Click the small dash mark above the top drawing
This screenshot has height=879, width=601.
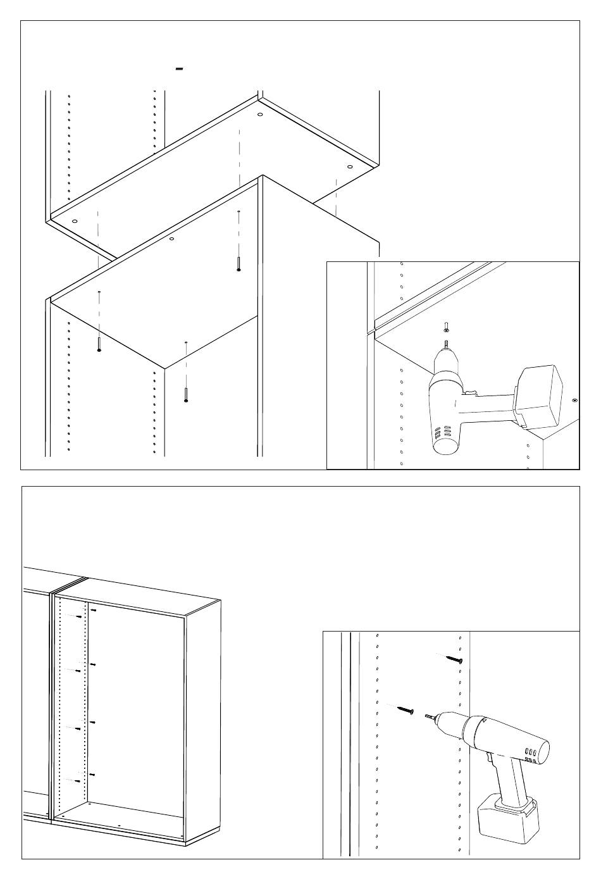[180, 68]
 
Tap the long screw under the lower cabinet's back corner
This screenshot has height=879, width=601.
[239, 263]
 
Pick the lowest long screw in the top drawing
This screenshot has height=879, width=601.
[185, 393]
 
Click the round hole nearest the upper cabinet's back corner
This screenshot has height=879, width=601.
[260, 115]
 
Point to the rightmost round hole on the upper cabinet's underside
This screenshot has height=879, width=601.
[349, 166]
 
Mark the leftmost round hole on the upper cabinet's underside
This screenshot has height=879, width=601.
[75, 221]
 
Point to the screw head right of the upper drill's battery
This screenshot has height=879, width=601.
[574, 400]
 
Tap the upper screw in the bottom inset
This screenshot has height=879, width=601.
[455, 659]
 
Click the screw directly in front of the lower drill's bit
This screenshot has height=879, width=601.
[406, 710]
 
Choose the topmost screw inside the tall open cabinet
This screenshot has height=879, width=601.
[92, 611]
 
